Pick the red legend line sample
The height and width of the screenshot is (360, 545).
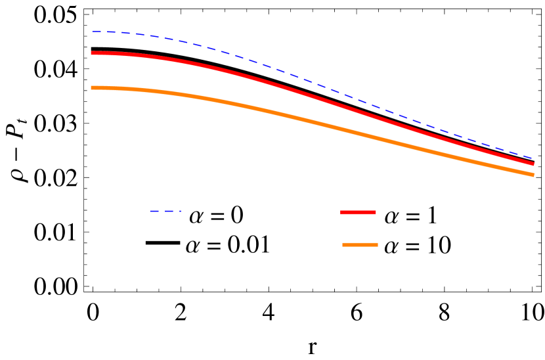pos(358,212)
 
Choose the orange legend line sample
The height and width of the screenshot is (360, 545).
pos(360,244)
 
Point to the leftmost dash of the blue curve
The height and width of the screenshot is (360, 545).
pos(96,32)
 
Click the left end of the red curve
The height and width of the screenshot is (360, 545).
pos(92,53)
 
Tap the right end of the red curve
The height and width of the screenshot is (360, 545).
pos(533,164)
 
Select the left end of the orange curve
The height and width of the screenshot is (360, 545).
pos(92,87)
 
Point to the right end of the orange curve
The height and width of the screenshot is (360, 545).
pos(533,175)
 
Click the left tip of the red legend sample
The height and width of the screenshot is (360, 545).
pos(341,212)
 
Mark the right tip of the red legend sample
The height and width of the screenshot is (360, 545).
pos(376,212)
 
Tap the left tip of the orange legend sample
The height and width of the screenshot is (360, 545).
pos(343,244)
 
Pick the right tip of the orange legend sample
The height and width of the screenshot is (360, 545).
pos(378,244)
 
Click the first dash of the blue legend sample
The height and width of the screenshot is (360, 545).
pos(154,211)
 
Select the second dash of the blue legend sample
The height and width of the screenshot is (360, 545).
pos(169,211)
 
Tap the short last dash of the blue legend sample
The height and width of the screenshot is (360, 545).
pos(179,211)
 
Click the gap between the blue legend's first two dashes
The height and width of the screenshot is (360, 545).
pos(162,211)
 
